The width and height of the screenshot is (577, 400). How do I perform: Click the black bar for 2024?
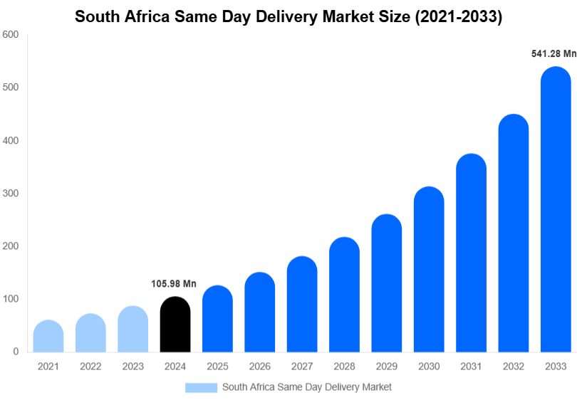175,325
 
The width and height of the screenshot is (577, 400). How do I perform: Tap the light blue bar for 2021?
48,337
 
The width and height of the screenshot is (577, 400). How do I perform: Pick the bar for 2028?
344,295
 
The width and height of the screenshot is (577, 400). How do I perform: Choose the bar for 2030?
429,270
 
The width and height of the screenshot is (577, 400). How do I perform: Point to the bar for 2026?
260,312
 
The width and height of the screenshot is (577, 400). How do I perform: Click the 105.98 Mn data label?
173,284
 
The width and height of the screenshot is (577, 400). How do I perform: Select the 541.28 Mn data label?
553,53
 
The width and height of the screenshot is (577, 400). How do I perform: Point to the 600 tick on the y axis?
10,34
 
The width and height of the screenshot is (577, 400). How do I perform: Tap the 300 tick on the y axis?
10,193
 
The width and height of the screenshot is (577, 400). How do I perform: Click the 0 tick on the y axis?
15,352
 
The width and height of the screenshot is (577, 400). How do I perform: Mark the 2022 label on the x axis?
90,367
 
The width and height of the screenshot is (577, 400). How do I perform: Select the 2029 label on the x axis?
387,367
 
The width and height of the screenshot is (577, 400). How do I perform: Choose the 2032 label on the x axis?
514,367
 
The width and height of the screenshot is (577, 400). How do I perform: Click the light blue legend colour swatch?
201,387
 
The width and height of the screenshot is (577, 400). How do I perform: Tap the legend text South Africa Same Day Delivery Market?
307,387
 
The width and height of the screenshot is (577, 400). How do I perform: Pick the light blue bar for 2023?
133,329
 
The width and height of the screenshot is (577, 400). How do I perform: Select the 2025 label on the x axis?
217,367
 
